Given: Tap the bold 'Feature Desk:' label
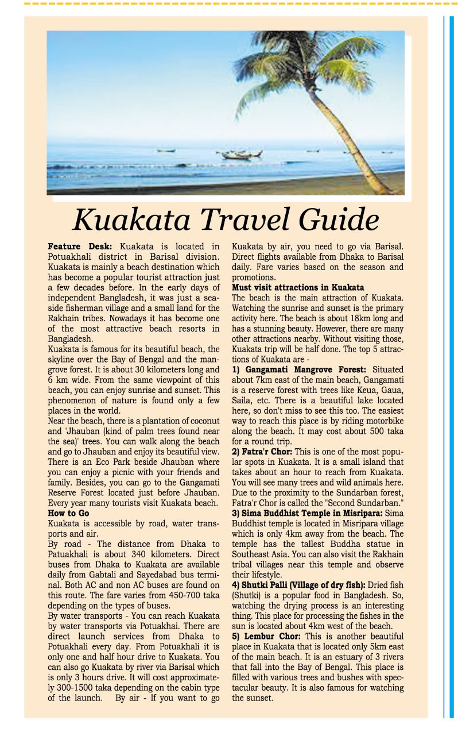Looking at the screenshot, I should pos(80,246).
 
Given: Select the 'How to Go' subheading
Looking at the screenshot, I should pos(69,514).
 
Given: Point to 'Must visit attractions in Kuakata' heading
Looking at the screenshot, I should pos(298,287).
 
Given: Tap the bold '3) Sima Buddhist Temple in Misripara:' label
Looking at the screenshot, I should pos(307,511).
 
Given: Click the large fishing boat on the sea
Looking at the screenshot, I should pos(241,154).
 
